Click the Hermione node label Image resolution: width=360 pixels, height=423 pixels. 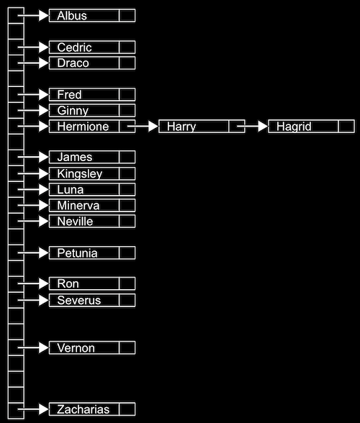click(x=84, y=127)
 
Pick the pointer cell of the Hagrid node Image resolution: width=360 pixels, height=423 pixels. click(x=346, y=127)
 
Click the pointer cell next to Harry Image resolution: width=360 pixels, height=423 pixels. click(x=237, y=127)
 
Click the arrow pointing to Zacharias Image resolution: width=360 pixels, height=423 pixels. click(x=33, y=410)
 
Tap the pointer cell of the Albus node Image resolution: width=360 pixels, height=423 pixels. click(x=127, y=16)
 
